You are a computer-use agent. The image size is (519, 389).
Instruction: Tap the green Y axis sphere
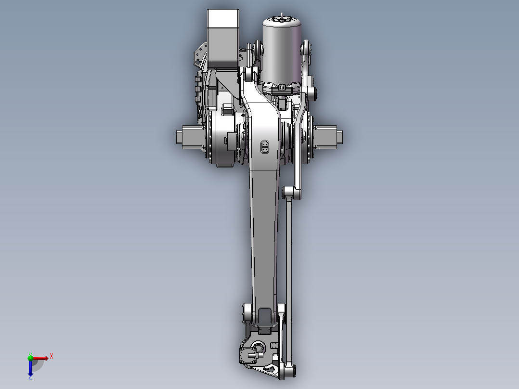click(30, 357)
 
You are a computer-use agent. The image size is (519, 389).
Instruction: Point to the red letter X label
click(52, 356)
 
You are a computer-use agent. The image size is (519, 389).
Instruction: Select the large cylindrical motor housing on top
click(282, 53)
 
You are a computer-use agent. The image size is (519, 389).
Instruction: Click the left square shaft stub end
click(179, 137)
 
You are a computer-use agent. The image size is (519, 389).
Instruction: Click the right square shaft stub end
click(340, 137)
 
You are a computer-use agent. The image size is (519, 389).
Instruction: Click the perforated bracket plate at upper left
click(198, 55)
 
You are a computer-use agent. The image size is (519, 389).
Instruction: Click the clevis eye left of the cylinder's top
click(256, 49)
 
